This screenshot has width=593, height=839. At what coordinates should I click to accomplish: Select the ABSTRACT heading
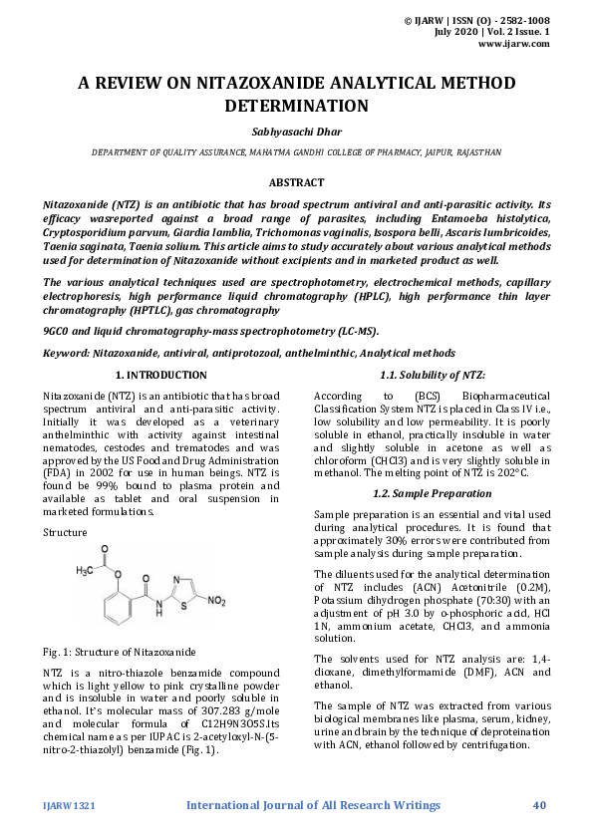click(x=296, y=182)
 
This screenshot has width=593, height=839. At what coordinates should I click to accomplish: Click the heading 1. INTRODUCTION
click(x=161, y=376)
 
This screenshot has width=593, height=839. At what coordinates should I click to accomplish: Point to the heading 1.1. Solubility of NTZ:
click(x=432, y=376)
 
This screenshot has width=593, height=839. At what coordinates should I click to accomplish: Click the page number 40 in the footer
click(x=540, y=805)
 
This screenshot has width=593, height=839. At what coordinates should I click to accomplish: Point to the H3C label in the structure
click(x=89, y=570)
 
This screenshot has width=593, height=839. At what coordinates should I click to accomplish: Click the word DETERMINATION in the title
click(x=296, y=106)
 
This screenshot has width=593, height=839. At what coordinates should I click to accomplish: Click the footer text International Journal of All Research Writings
click(x=313, y=805)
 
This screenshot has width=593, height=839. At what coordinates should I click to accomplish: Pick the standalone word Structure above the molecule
click(x=66, y=532)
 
